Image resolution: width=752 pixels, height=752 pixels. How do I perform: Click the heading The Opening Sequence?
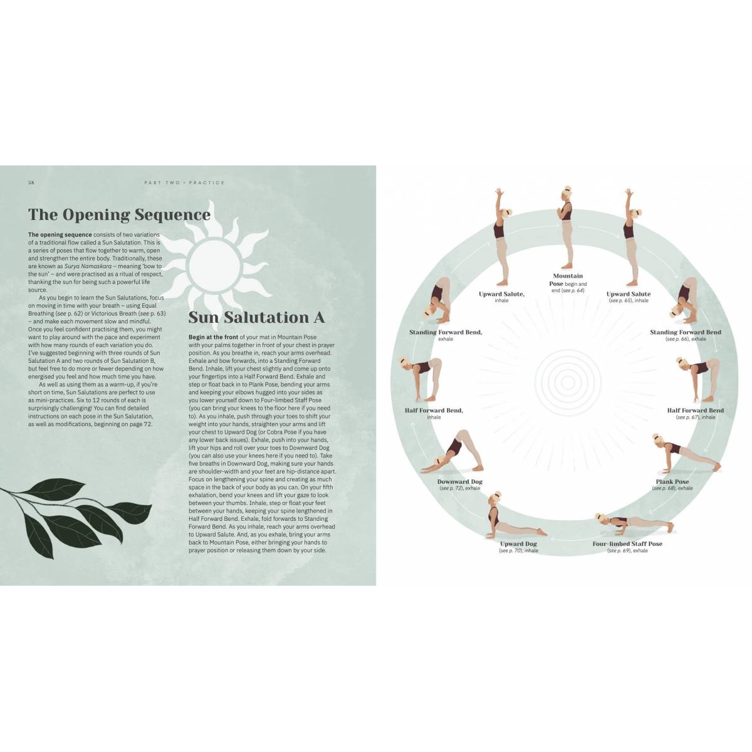(x=119, y=215)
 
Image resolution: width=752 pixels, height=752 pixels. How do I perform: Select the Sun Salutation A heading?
(x=256, y=317)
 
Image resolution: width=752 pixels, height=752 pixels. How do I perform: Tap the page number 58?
(x=31, y=182)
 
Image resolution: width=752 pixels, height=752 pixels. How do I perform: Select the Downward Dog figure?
(x=452, y=452)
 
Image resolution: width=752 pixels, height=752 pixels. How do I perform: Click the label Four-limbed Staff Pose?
(x=627, y=543)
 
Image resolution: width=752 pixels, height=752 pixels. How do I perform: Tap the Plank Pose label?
(x=672, y=481)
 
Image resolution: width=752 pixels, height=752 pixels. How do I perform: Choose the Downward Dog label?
(x=460, y=481)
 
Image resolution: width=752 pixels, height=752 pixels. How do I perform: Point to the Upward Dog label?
(x=518, y=543)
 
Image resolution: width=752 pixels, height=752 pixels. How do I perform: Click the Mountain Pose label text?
(x=568, y=279)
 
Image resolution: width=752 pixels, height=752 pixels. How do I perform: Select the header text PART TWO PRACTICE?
(x=184, y=182)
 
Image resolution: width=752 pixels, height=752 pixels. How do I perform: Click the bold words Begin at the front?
(x=214, y=337)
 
